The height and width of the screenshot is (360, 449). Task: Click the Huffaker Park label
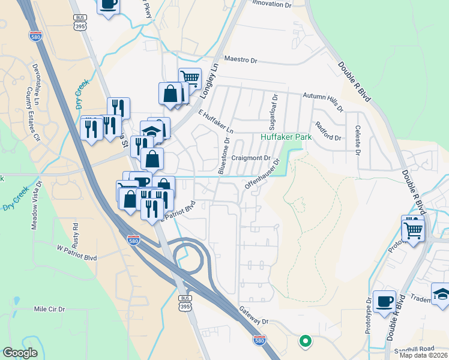[285, 137]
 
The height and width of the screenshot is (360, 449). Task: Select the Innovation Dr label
[271, 4]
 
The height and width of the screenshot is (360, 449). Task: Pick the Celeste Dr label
[357, 139]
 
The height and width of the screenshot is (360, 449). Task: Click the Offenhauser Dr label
[262, 174]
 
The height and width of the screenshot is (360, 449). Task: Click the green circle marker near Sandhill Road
[305, 341]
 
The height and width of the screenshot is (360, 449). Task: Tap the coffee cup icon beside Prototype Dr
[384, 301]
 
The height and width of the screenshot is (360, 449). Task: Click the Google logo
[20, 353]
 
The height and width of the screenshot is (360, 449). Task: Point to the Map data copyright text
[424, 355]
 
